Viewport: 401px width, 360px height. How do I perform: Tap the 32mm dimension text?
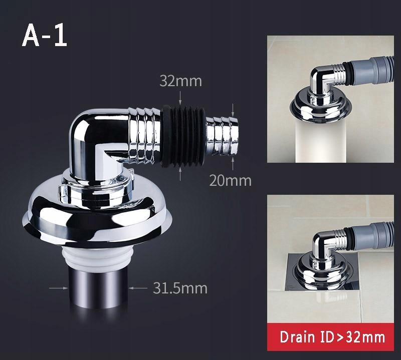coord(180,81)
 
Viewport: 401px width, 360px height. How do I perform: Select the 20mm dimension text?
coord(230,181)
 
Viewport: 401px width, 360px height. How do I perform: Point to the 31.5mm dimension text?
coord(180,288)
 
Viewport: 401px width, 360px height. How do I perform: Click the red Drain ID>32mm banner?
coord(330,337)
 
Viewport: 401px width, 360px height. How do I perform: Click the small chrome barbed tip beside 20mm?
coord(222,136)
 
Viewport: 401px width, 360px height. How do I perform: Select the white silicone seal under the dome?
coord(98,257)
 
